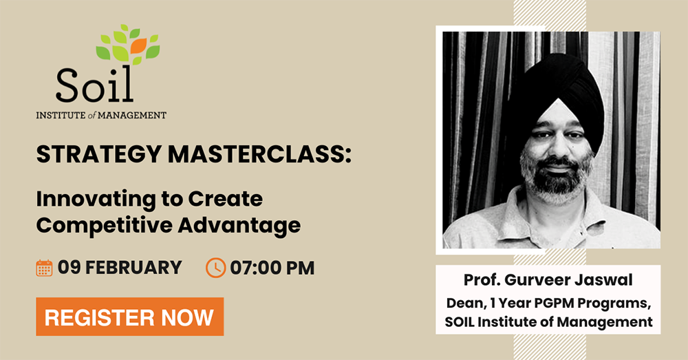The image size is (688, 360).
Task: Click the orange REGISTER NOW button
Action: [x=130, y=317]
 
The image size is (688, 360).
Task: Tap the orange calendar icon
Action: [x=44, y=268]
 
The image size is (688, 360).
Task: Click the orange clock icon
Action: [x=216, y=268]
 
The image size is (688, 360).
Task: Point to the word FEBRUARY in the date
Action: [x=133, y=267]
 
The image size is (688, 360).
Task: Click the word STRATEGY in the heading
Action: [x=99, y=154]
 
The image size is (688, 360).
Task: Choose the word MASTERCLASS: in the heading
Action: [x=260, y=154]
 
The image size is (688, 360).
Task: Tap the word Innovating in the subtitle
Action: [x=96, y=200]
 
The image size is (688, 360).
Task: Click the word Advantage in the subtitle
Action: [x=239, y=225]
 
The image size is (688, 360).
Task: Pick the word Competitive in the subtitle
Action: [x=104, y=226]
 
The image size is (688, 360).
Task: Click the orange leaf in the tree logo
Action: [x=138, y=45]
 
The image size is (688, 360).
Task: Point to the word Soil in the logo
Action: [x=94, y=85]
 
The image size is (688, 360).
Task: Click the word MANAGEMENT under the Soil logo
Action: [x=132, y=116]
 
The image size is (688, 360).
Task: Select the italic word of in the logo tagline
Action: [x=92, y=116]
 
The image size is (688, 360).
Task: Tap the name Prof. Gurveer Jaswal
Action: [x=548, y=279]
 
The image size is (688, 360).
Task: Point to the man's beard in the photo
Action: [x=557, y=178]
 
